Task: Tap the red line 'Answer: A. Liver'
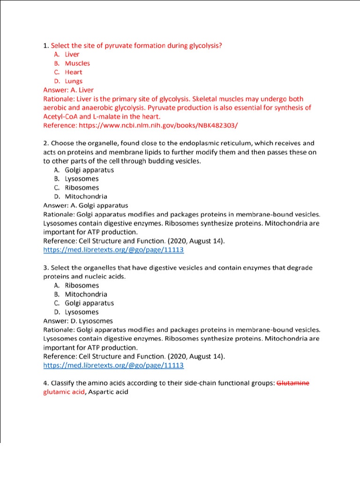(x=68, y=90)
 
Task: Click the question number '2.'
(x=46, y=143)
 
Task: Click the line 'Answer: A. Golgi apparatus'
(x=85, y=205)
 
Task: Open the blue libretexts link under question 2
(x=113, y=250)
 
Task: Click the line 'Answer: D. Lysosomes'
(x=78, y=321)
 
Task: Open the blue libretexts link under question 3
(x=113, y=366)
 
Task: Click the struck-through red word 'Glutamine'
(x=293, y=383)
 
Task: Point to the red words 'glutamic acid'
(x=64, y=392)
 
